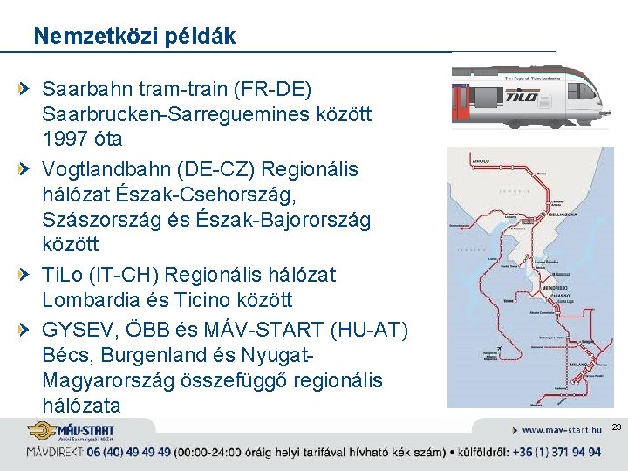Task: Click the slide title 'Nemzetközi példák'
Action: coord(134,36)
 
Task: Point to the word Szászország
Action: coord(99,220)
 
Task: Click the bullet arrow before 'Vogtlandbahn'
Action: coord(31,167)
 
